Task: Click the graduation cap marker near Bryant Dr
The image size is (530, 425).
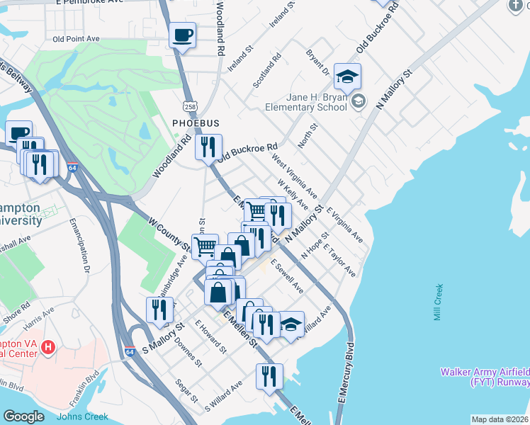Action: (348, 75)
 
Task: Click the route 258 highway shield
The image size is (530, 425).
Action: (189, 106)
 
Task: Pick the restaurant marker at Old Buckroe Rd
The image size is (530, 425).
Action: (208, 147)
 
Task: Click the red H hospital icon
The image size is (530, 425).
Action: (48, 347)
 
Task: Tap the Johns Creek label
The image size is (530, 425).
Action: (83, 416)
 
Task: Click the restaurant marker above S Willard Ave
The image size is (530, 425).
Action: (269, 376)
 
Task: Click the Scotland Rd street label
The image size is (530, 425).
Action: (267, 71)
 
